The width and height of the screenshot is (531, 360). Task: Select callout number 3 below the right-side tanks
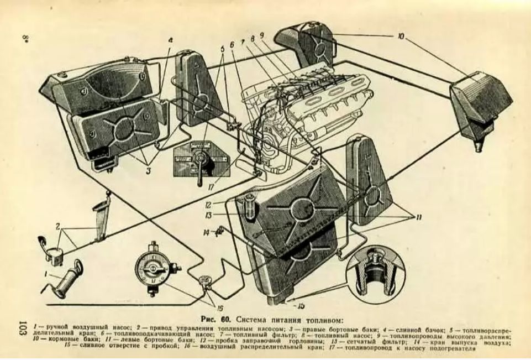point(148,171)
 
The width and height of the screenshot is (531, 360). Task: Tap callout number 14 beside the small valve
point(206,233)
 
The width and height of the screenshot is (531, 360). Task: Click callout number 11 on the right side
point(418,217)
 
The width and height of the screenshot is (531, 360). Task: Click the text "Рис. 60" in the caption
point(216,320)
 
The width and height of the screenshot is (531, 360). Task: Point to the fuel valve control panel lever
point(197,166)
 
